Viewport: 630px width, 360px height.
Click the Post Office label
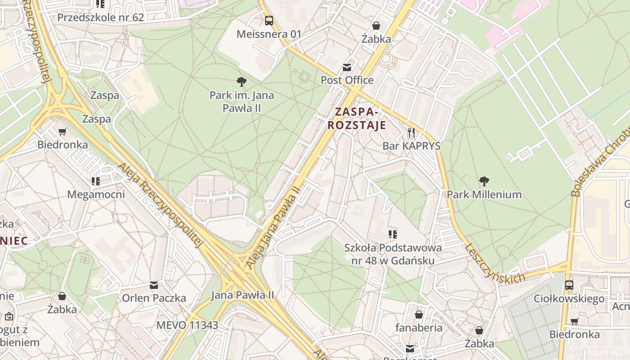[347, 80]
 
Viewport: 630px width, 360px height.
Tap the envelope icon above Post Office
[347, 67]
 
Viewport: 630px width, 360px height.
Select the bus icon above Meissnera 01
[269, 20]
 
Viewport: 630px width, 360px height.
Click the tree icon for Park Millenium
[484, 181]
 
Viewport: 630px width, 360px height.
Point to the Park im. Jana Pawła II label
[242, 102]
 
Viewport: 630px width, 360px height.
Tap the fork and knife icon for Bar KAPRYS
[411, 132]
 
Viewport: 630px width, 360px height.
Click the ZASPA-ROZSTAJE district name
[357, 118]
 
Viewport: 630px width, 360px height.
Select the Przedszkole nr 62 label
[100, 18]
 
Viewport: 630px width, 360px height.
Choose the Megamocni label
[96, 194]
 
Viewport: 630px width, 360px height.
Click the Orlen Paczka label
[154, 298]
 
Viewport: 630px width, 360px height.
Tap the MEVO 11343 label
[187, 325]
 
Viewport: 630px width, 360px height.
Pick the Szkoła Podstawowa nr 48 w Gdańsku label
[393, 254]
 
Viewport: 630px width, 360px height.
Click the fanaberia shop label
[419, 327]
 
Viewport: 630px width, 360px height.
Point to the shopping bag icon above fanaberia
[419, 314]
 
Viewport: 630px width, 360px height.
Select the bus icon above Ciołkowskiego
[569, 285]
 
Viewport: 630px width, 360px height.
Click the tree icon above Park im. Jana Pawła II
[242, 81]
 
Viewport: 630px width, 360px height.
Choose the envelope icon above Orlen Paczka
[154, 285]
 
